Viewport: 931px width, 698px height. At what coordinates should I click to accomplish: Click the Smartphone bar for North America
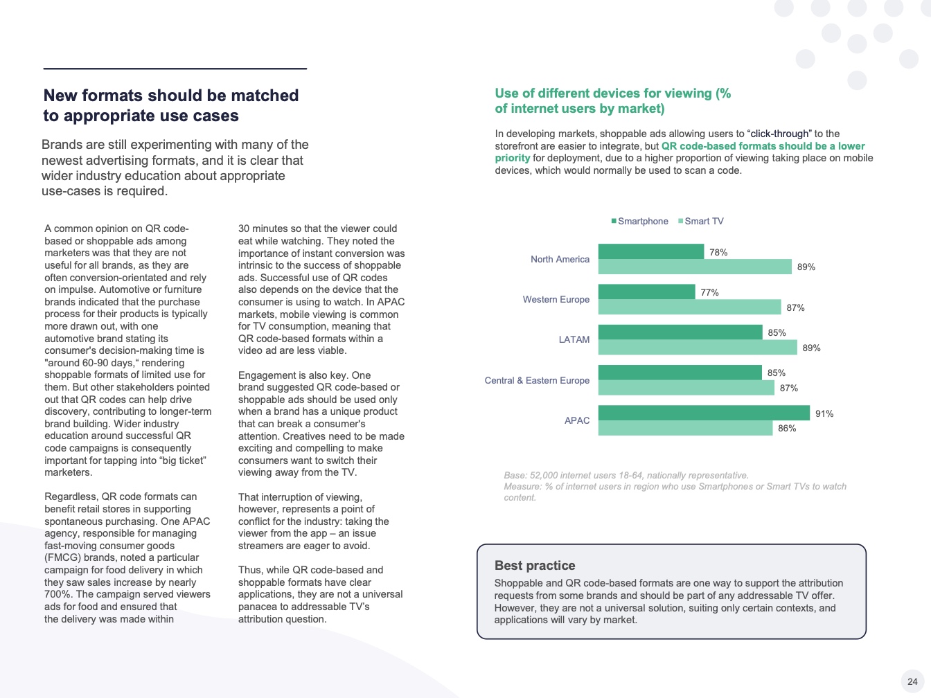(x=650, y=251)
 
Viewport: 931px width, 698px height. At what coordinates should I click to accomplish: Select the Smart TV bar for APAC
(x=685, y=429)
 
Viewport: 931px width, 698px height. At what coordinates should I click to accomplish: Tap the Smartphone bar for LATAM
(x=680, y=332)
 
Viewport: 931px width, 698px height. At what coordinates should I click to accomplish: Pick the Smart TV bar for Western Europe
(x=689, y=307)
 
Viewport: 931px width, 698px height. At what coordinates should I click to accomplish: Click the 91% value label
(x=824, y=414)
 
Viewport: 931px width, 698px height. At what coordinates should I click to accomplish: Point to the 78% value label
(x=718, y=253)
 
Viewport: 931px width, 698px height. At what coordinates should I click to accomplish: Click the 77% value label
(x=709, y=293)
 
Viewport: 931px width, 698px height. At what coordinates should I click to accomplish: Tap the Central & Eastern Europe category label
(x=537, y=381)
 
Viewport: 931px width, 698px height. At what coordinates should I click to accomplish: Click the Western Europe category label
(x=556, y=300)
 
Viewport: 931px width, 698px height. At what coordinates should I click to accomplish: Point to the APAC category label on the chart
(x=576, y=421)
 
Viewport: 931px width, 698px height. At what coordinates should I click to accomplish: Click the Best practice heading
(x=535, y=566)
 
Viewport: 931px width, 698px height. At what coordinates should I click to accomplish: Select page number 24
(x=912, y=681)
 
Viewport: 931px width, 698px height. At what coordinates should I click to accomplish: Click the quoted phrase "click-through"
(x=779, y=134)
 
